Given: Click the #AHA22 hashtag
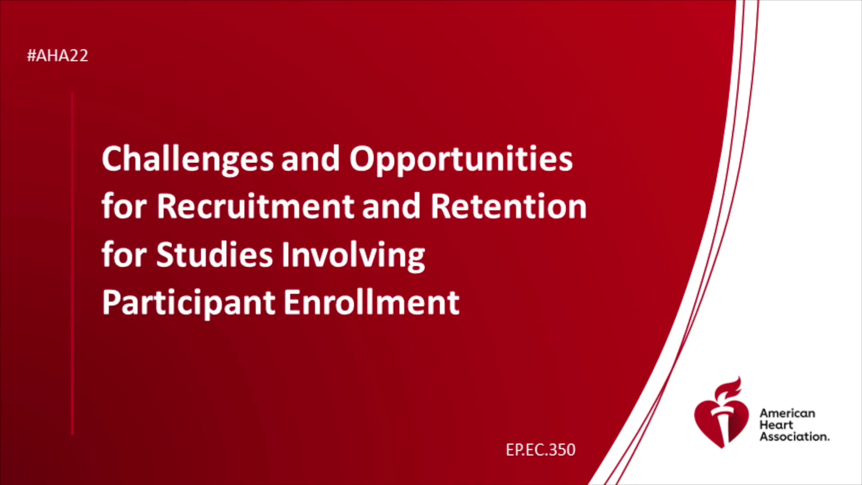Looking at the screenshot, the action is [x=57, y=56].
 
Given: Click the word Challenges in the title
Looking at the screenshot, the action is [x=188, y=160].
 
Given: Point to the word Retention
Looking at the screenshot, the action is [x=508, y=207].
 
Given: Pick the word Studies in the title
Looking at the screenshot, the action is [x=215, y=255].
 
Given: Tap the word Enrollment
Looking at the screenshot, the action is [x=371, y=302].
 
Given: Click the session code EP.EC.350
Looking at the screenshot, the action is [x=541, y=450].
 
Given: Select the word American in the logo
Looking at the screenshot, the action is [x=787, y=413].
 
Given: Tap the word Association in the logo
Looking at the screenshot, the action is [x=794, y=436].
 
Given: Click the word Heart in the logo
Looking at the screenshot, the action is [x=776, y=425].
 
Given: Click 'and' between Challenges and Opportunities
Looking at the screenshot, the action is [x=310, y=160].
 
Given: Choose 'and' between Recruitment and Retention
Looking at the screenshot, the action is [x=391, y=207].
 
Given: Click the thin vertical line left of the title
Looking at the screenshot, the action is [x=72, y=264].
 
